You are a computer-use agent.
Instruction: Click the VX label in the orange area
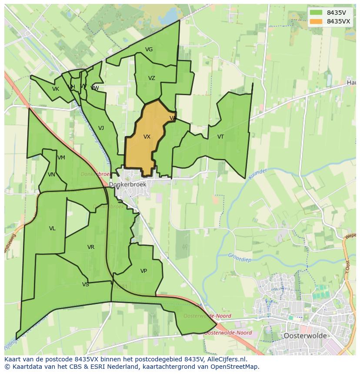click(x=147, y=137)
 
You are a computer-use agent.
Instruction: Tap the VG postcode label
click(x=149, y=50)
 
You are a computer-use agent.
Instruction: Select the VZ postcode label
click(x=151, y=78)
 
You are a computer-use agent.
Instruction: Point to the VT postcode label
click(x=220, y=137)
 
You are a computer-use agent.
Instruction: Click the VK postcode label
click(x=55, y=89)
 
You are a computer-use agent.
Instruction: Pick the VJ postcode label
click(x=101, y=128)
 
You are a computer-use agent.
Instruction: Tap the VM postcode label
click(x=61, y=158)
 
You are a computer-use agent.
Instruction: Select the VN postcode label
click(x=51, y=175)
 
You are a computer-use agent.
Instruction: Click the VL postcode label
click(x=52, y=228)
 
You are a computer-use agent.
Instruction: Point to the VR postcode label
click(x=90, y=247)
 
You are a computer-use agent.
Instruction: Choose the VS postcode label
click(x=85, y=285)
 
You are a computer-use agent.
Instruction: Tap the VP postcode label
click(x=143, y=271)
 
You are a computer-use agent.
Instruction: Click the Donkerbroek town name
click(x=128, y=185)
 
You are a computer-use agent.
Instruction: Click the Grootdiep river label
click(x=240, y=256)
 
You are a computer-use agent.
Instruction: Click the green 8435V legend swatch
click(x=316, y=13)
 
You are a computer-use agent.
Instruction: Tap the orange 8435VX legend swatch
click(x=316, y=21)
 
